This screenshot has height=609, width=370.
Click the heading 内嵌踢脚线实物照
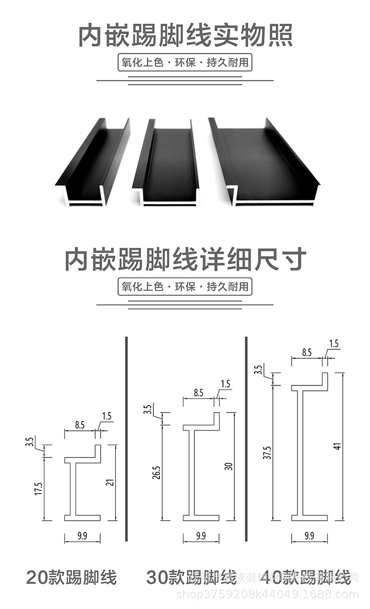point(185,36)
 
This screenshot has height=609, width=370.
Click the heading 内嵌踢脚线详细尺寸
point(185,259)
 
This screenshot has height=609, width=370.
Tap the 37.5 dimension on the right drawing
point(267,453)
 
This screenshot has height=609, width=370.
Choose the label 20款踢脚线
point(72,577)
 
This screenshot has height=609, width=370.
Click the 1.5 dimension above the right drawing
point(333,344)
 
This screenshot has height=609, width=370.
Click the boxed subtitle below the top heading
point(185,63)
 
